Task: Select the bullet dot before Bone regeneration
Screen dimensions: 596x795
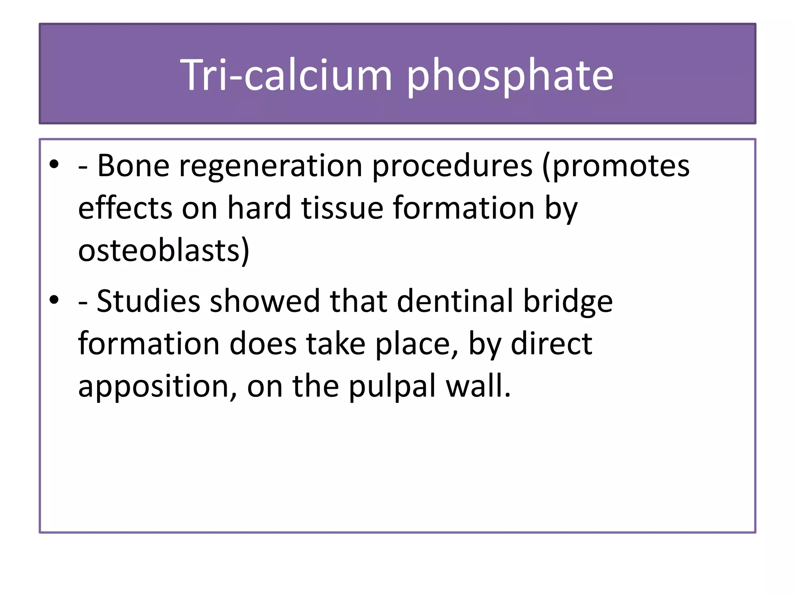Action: (54, 165)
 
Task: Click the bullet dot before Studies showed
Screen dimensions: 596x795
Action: (54, 300)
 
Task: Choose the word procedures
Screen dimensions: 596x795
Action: (452, 166)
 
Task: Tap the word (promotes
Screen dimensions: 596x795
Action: (616, 166)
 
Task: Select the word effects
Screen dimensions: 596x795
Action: (125, 208)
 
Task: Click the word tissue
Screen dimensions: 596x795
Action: (342, 208)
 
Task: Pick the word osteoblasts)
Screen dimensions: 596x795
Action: (163, 251)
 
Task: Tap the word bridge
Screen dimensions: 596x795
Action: (568, 301)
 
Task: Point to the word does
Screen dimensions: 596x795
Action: (263, 344)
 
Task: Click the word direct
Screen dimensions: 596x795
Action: (551, 344)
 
